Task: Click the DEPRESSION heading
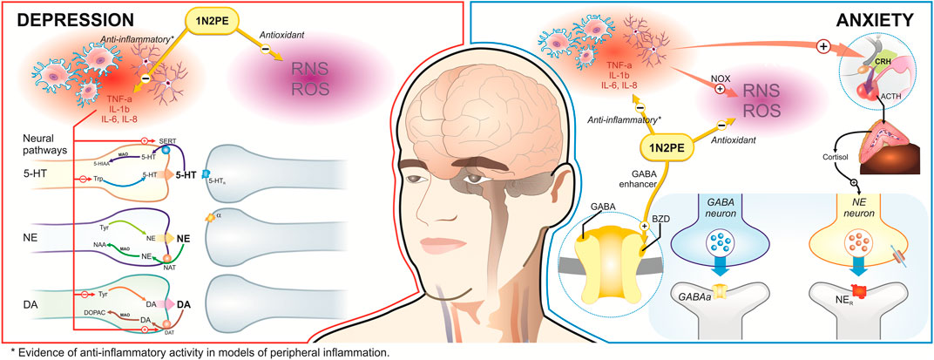point(66,17)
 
